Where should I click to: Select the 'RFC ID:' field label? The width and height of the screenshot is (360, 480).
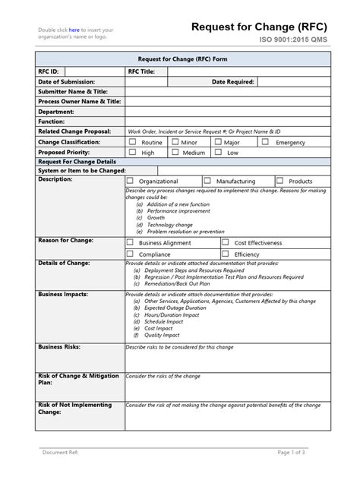pos(49,71)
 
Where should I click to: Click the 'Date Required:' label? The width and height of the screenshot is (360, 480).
pos(232,81)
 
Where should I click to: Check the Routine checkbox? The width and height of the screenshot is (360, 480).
pos(132,142)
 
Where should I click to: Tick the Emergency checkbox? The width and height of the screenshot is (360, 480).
pos(265,142)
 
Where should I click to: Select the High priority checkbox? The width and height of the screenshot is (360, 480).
pos(132,152)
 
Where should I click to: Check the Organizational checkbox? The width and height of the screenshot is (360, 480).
pos(131,181)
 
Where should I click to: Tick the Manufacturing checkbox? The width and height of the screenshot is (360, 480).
pos(207,181)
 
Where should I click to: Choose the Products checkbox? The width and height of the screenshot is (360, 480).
pos(280,181)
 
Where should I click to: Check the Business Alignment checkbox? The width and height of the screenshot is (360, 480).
pos(131,242)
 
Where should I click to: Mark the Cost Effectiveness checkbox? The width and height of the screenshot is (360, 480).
pos(226,242)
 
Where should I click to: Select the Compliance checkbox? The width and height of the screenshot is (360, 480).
pos(131,254)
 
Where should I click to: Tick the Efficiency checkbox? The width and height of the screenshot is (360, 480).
pos(226,254)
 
